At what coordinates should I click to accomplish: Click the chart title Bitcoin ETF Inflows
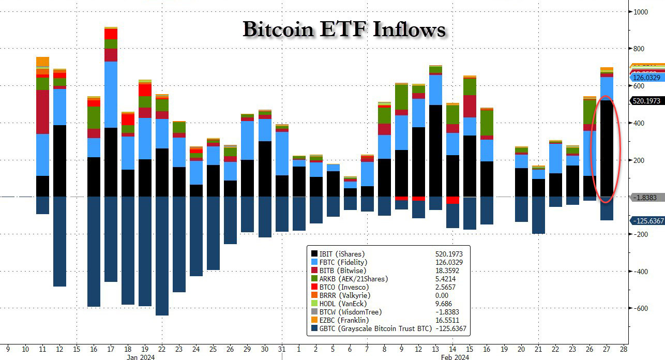tap(344, 29)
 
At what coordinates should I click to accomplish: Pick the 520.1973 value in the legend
tap(448, 254)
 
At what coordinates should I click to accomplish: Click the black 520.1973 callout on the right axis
tap(645, 101)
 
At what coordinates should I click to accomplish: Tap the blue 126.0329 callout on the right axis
tap(645, 78)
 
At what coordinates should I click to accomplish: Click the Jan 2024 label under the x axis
tap(140, 357)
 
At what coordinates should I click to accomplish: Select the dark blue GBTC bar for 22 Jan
tap(162, 256)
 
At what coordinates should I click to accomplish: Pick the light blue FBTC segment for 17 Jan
tap(111, 95)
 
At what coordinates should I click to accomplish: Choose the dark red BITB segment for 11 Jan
tap(43, 112)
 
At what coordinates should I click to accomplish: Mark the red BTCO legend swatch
tap(314, 287)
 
